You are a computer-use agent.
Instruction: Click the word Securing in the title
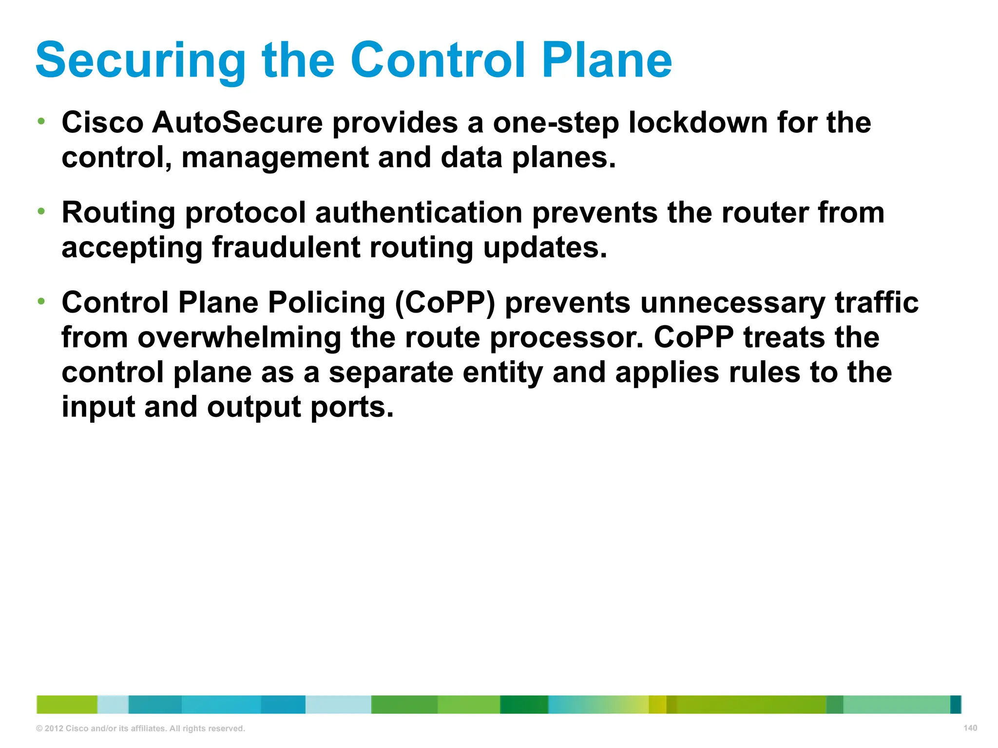tap(140, 60)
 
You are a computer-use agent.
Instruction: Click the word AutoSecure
tap(237, 122)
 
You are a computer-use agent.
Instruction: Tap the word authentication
tap(419, 213)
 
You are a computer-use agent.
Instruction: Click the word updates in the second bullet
tap(545, 247)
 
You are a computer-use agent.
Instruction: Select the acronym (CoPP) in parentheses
tap(444, 302)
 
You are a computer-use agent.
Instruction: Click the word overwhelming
tap(239, 337)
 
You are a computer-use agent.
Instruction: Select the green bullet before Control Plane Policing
tap(41, 301)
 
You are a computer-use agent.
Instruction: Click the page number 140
tap(970, 728)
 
